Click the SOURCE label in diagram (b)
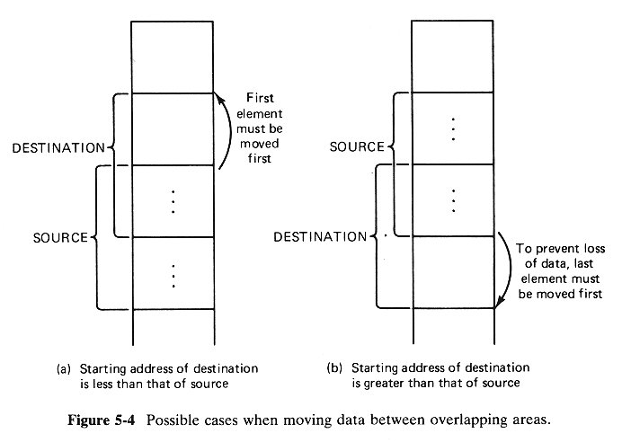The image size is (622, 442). pos(356,146)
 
